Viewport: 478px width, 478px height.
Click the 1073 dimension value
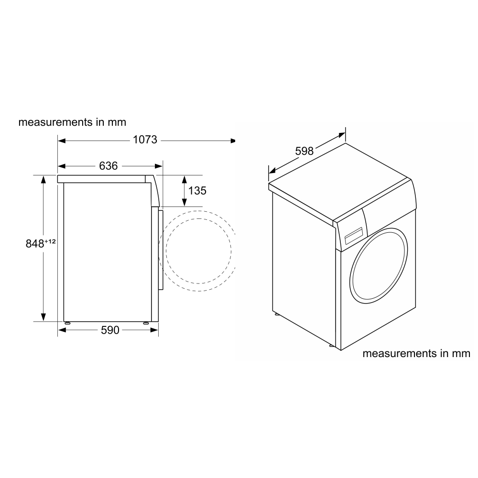145,140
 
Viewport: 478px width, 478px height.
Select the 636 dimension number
109,166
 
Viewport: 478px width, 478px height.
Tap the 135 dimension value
197,191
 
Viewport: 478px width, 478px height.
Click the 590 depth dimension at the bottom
109,330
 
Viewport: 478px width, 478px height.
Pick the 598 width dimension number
304,151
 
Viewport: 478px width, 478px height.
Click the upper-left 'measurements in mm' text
72,122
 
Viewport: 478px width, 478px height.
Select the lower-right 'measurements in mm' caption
416,354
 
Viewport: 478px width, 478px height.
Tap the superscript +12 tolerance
51,241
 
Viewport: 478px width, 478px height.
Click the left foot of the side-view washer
67,323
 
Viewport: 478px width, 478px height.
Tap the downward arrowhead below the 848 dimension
43,316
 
